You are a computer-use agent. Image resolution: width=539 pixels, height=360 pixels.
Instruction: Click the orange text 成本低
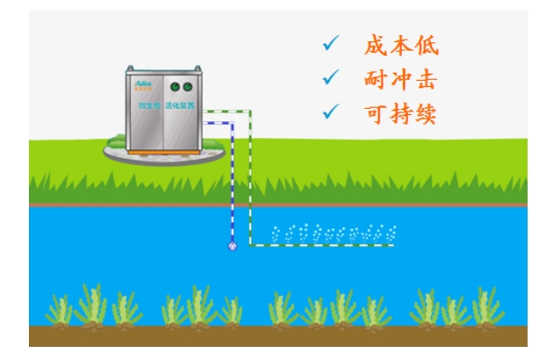(400, 46)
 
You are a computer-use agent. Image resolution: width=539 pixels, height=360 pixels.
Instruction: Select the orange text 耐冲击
(400, 79)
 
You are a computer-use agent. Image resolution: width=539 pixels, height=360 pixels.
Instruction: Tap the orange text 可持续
(400, 112)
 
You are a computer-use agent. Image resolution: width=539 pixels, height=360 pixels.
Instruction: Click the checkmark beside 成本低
(330, 44)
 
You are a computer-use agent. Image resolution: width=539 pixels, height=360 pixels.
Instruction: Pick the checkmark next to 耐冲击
(330, 77)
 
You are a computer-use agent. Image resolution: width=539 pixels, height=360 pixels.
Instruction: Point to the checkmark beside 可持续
(330, 111)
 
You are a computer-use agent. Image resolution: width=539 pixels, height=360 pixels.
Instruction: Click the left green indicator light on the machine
(174, 87)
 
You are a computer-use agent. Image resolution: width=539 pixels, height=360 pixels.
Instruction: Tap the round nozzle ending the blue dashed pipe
(233, 246)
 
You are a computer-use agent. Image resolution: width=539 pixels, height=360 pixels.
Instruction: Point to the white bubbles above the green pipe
(334, 234)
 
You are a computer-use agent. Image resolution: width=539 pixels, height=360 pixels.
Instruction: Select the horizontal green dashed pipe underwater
(325, 245)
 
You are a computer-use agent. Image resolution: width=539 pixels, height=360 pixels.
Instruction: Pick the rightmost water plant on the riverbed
(487, 307)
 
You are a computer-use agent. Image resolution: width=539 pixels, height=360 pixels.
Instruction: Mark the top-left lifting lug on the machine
(131, 69)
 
